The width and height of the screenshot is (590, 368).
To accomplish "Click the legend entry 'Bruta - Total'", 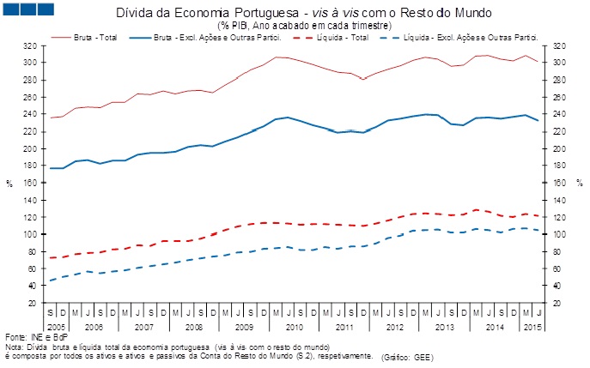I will (x=94, y=38).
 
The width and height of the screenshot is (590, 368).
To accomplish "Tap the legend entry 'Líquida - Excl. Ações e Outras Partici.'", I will (x=472, y=38).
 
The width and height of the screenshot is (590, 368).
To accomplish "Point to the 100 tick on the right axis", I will (x=561, y=234).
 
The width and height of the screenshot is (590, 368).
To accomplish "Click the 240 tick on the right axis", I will (x=561, y=114).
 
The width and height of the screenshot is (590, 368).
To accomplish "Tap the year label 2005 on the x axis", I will (x=56, y=327).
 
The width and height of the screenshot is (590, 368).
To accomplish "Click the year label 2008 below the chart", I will (x=193, y=327).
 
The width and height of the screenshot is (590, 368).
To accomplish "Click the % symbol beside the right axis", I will (x=580, y=183).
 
